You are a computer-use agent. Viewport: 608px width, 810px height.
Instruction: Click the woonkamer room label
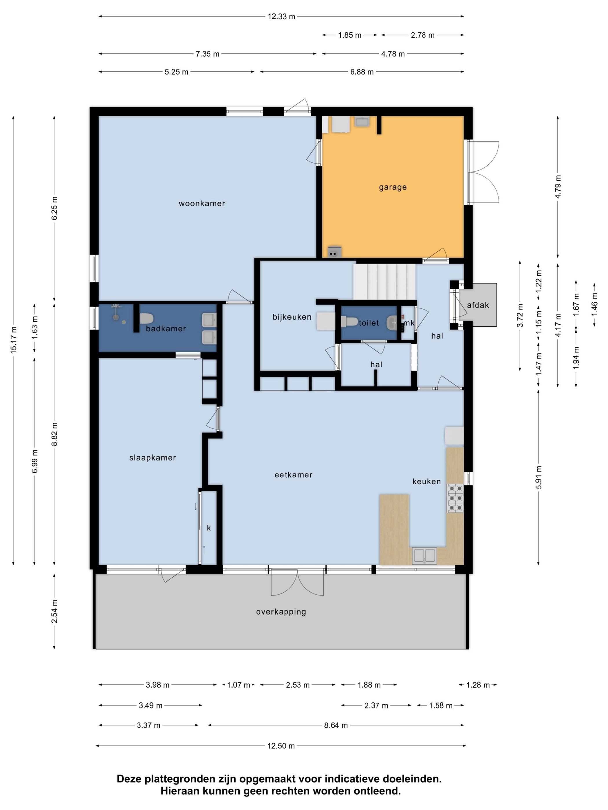click(202, 204)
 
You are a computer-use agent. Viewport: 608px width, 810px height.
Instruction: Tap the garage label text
click(393, 187)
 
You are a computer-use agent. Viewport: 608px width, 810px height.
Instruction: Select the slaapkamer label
click(153, 458)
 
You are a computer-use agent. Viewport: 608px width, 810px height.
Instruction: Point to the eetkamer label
click(293, 475)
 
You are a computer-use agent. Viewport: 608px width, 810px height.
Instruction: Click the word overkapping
click(281, 612)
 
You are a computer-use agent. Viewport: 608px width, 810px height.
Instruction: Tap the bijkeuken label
click(292, 317)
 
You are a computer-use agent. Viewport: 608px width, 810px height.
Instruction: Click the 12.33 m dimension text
click(281, 16)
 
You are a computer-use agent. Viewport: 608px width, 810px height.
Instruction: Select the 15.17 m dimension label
click(14, 340)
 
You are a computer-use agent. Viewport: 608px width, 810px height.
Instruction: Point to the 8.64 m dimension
click(336, 726)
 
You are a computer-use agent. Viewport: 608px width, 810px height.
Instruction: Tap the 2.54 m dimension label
click(54, 612)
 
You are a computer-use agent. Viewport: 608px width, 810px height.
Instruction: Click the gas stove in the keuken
click(455, 498)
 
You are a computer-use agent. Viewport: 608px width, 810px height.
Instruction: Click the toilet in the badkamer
click(146, 319)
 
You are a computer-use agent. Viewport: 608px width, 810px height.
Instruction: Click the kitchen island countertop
click(394, 529)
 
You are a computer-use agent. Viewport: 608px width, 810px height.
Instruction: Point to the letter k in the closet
click(208, 528)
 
